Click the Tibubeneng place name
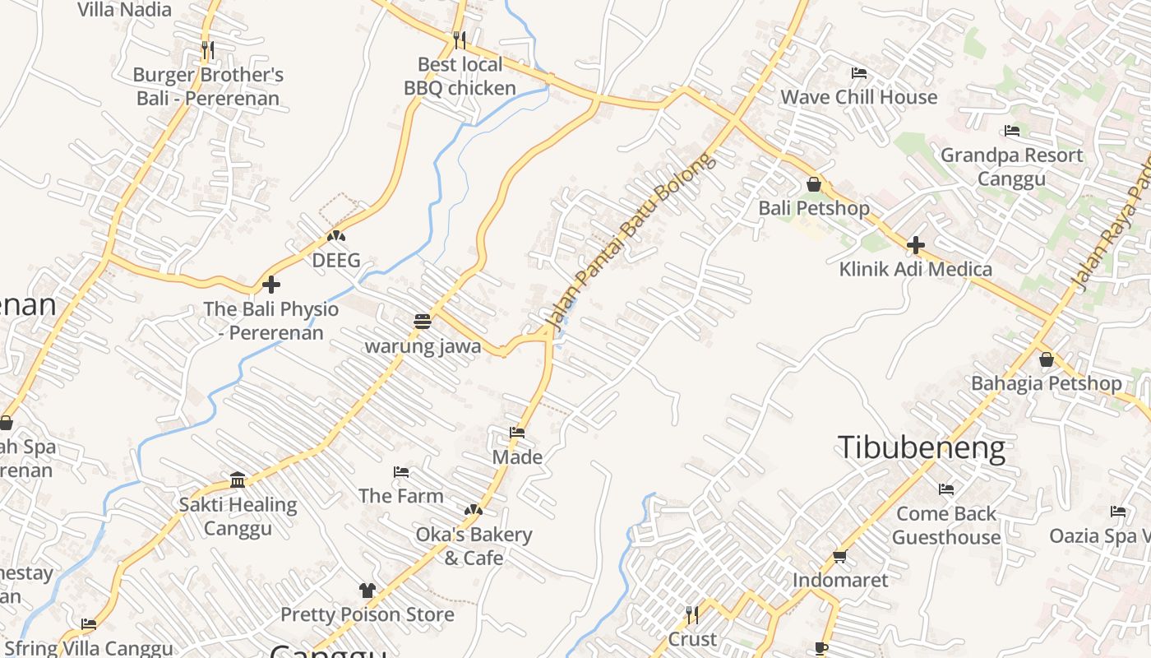pos(921,448)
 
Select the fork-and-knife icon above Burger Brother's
pos(207,50)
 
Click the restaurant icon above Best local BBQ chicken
pos(460,39)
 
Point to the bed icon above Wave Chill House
pos(859,72)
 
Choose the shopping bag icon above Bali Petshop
pos(813,184)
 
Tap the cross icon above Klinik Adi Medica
pos(915,245)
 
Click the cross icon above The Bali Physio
pos(270,285)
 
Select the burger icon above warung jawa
pos(423,322)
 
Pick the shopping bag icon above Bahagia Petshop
pos(1046,359)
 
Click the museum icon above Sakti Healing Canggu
pos(238,480)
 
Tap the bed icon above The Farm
pos(401,472)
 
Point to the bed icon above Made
pos(516,433)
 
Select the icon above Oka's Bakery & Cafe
pos(473,511)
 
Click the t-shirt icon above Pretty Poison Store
pos(367,591)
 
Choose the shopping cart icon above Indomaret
pos(839,557)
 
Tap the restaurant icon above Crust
pos(692,614)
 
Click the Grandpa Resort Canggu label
pos(1011,167)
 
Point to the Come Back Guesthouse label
pos(946,526)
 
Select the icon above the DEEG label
pos(335,237)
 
